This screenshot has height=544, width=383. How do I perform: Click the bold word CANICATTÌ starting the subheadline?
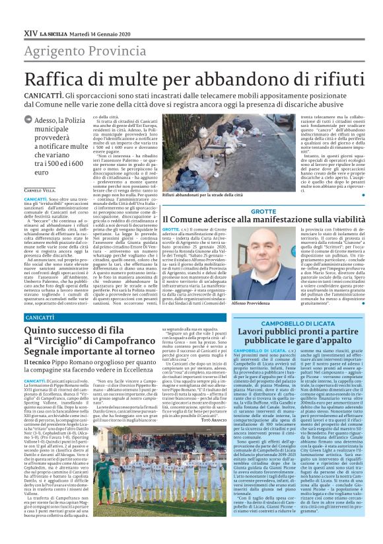pyautogui.click(x=44, y=97)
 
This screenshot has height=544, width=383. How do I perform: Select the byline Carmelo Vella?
pyautogui.click(x=40, y=190)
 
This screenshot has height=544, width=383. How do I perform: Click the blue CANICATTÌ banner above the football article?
pyautogui.click(x=40, y=318)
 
